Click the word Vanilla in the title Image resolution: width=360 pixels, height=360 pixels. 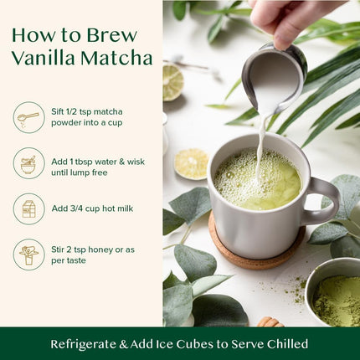[46, 58]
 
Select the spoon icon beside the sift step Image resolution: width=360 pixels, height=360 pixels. [29, 117]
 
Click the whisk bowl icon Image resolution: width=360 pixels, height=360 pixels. [29, 162]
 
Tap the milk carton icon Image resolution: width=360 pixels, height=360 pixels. [29, 208]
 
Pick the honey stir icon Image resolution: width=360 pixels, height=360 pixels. [29, 255]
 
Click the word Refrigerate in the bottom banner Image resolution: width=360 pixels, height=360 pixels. [90, 344]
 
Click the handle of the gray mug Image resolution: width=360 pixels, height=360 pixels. [325, 202]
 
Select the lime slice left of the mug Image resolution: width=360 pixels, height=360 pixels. [192, 164]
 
